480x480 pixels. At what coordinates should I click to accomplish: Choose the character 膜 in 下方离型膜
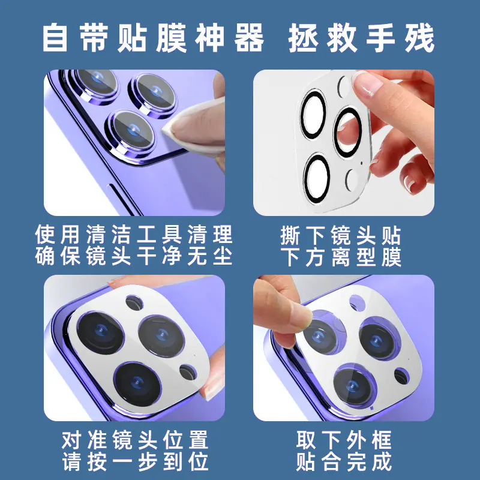391,257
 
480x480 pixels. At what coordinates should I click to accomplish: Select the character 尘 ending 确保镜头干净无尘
222,256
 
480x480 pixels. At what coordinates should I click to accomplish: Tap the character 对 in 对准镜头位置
71,440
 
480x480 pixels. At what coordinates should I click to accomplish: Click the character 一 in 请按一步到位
122,461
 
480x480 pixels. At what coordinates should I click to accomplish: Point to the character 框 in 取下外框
382,440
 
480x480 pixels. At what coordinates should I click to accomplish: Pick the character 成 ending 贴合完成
382,461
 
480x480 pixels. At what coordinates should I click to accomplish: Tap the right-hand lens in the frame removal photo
380,338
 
